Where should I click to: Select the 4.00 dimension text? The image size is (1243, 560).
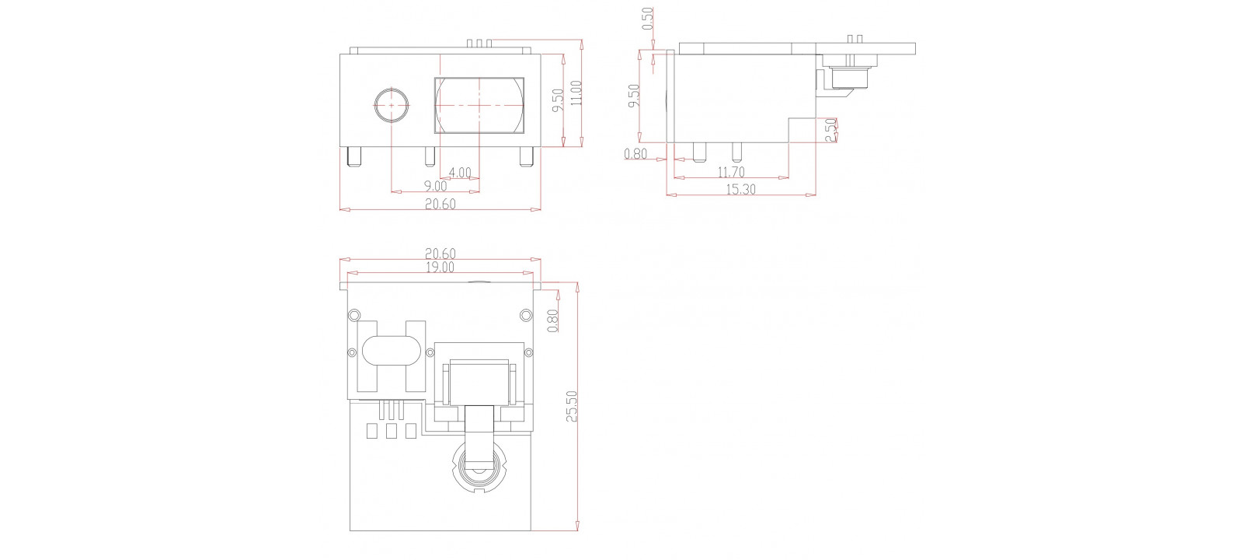click(460, 172)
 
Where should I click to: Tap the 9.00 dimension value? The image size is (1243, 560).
click(435, 187)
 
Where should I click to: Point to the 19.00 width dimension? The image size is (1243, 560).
click(440, 267)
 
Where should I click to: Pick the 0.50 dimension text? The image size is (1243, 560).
click(648, 19)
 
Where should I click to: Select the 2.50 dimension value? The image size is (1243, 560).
click(830, 129)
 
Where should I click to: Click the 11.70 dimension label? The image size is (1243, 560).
click(730, 172)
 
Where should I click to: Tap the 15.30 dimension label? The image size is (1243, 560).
click(740, 189)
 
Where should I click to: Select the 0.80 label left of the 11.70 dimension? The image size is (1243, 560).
click(635, 154)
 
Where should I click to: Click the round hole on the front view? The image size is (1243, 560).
click(392, 104)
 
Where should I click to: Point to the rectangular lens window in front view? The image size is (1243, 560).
click(479, 105)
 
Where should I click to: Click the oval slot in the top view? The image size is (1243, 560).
click(391, 351)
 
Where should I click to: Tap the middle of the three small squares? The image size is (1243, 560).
click(391, 431)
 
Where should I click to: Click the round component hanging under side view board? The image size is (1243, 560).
click(850, 77)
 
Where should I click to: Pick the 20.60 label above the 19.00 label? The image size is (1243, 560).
click(440, 254)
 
